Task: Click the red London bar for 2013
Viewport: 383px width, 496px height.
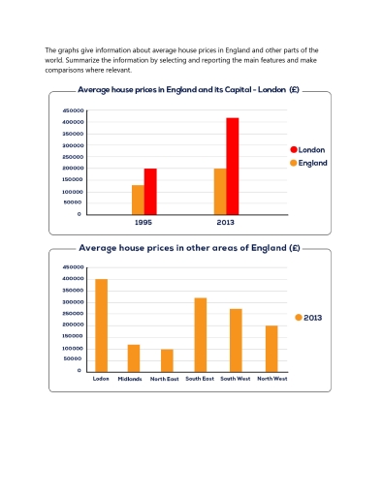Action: tap(233, 166)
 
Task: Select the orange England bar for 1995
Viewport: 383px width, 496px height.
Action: tap(138, 200)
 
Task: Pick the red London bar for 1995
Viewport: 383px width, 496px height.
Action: tap(150, 191)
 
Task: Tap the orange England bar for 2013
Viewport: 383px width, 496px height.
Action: tap(220, 191)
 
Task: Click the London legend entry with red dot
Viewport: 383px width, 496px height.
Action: tap(306, 150)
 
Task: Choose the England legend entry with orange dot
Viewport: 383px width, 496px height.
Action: tap(307, 163)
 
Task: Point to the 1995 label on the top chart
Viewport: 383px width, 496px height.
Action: tap(144, 223)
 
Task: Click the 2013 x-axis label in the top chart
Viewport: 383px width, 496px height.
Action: tap(226, 223)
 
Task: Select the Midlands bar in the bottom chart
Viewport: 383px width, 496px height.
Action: tap(134, 357)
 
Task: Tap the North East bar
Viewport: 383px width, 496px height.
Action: tap(167, 360)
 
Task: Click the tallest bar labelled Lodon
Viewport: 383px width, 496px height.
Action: tap(101, 325)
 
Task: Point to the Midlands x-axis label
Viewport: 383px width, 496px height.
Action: tap(130, 379)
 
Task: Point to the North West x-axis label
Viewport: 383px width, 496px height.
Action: tap(272, 379)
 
